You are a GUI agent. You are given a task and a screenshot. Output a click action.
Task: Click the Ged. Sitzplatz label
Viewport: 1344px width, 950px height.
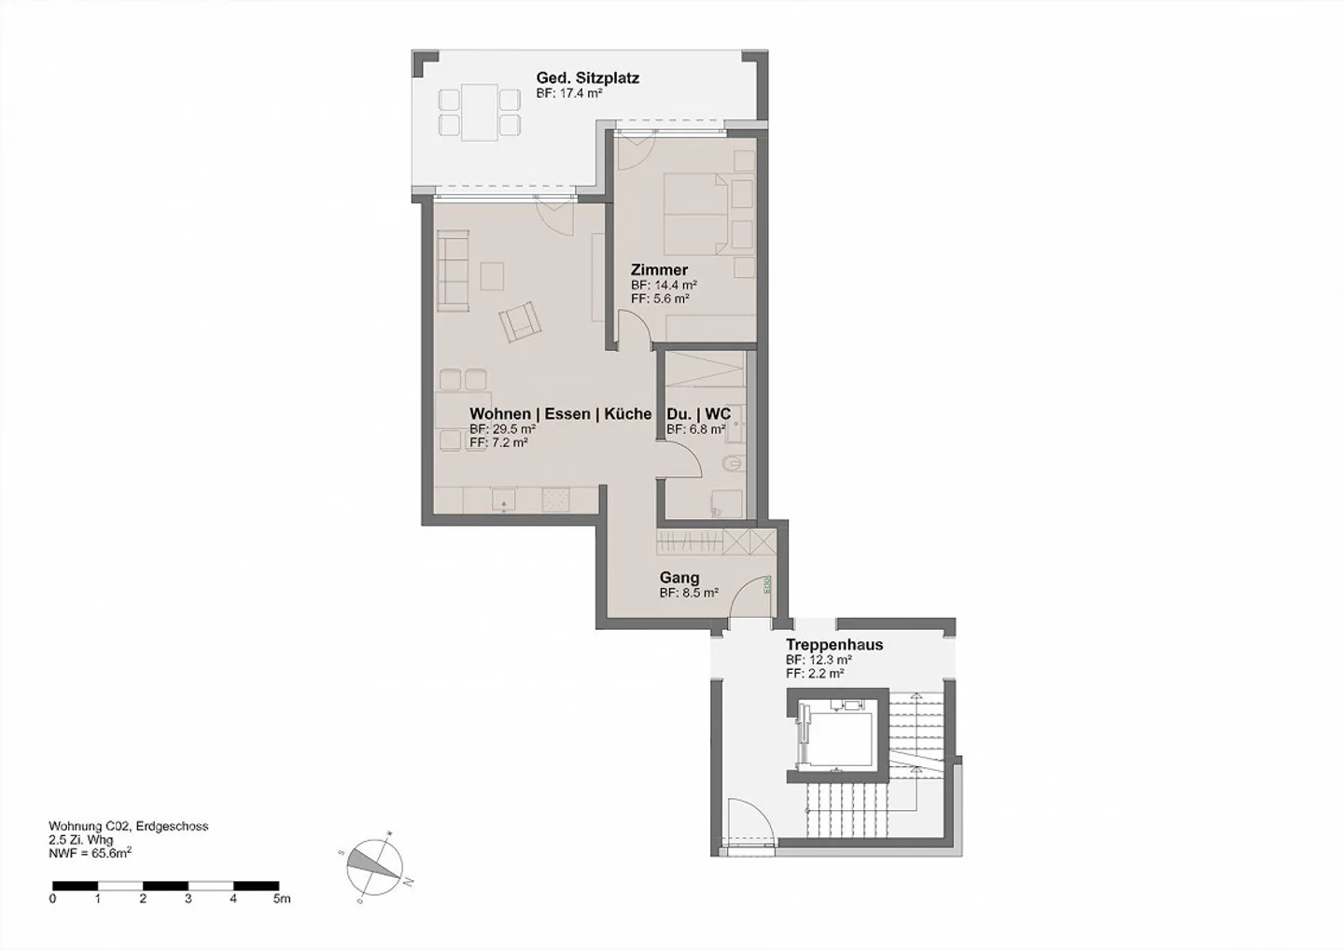(587, 78)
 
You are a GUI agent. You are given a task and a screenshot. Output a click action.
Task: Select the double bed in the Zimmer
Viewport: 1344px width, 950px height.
(697, 213)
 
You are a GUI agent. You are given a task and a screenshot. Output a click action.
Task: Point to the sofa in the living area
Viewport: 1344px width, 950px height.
(453, 272)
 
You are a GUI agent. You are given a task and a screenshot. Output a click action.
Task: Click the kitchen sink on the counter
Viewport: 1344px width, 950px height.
(504, 501)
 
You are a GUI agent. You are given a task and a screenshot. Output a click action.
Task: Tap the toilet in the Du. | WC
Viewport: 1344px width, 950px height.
(733, 463)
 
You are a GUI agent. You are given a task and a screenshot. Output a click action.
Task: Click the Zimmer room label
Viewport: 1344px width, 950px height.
(659, 270)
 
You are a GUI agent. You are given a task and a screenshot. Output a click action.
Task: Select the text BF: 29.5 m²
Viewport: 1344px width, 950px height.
(502, 429)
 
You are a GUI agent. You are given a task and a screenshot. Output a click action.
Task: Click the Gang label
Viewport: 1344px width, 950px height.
(679, 578)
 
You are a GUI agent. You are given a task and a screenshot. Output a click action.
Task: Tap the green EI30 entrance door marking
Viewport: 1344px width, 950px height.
(767, 585)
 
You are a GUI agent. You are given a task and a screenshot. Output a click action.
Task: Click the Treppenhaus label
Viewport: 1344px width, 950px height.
(833, 645)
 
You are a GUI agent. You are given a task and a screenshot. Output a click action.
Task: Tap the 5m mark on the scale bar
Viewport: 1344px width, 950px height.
(281, 899)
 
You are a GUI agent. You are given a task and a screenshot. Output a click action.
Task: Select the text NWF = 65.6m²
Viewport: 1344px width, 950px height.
(90, 852)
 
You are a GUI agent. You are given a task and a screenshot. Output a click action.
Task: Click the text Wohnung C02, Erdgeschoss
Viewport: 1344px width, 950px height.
(128, 826)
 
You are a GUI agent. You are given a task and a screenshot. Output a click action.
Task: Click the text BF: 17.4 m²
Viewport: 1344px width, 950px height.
(568, 94)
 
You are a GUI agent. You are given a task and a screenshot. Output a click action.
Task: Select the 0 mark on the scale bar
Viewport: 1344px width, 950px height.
(52, 899)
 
